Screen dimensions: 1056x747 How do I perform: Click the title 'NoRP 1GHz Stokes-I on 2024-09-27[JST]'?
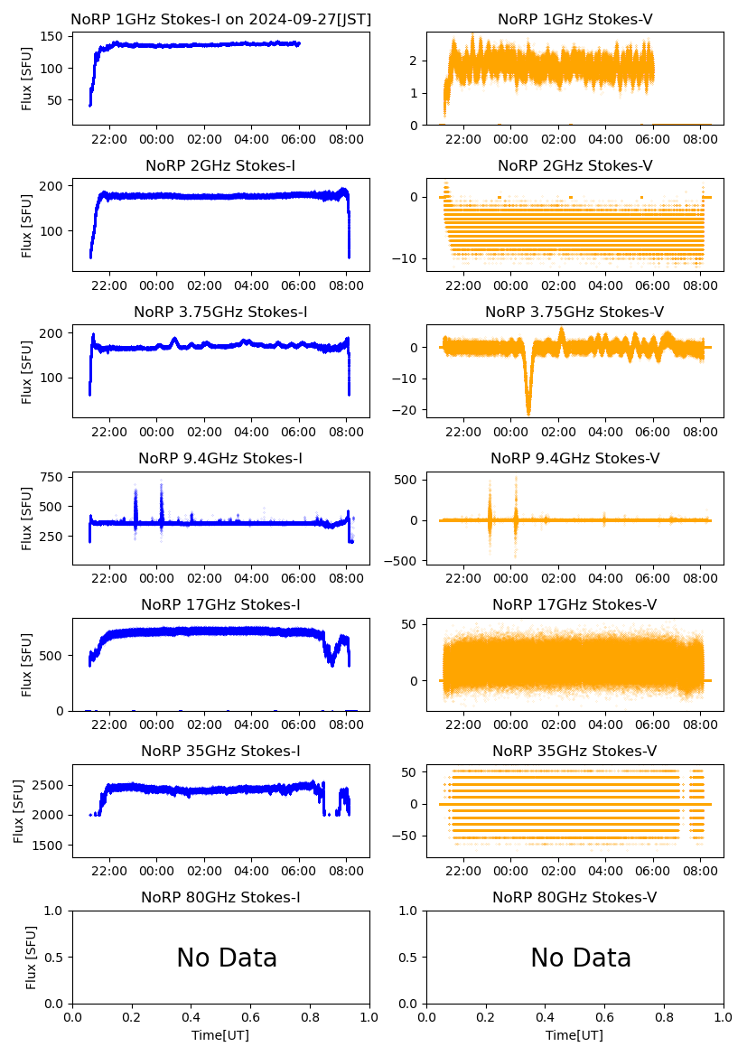[x=220, y=19]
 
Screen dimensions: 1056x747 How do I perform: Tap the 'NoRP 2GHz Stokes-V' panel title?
[x=574, y=165]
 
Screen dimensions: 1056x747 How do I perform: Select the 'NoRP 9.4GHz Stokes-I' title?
[x=220, y=458]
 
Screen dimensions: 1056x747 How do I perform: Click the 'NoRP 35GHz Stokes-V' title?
[x=574, y=751]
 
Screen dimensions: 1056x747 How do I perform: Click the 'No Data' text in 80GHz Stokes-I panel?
[x=227, y=958]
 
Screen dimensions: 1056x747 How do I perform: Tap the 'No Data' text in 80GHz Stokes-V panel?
[x=581, y=958]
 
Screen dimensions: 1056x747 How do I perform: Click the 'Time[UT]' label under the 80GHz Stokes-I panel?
[x=220, y=1035]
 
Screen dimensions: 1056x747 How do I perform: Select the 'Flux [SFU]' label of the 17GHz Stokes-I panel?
[x=27, y=665]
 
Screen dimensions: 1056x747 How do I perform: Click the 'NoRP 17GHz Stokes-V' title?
[x=574, y=604]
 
